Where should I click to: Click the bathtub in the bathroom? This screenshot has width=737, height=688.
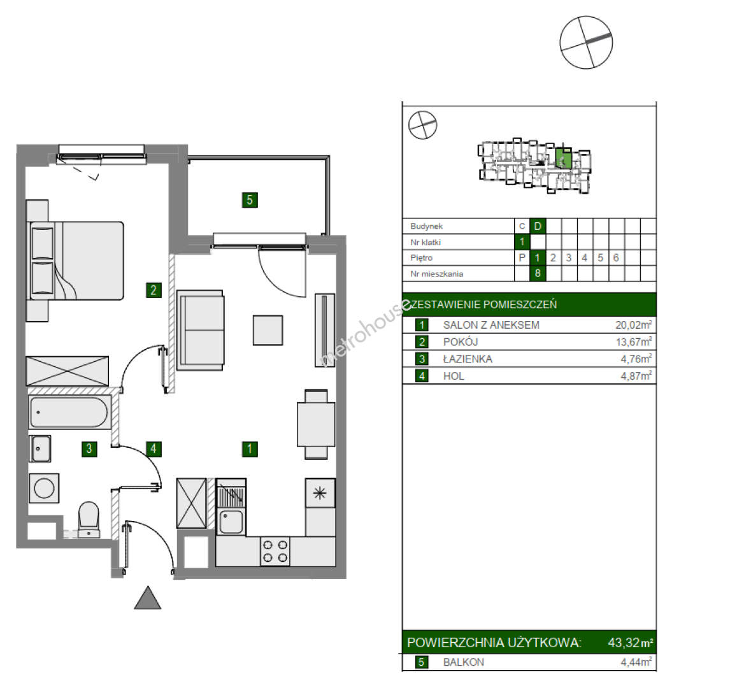(x=69, y=412)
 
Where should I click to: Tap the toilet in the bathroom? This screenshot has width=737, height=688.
(x=89, y=519)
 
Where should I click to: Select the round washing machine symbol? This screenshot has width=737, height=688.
(x=44, y=488)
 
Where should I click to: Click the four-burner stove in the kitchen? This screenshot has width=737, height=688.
(x=275, y=551)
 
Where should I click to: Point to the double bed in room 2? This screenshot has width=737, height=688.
(x=75, y=261)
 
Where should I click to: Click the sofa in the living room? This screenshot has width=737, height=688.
(x=200, y=330)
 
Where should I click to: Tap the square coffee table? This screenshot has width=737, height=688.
(x=268, y=331)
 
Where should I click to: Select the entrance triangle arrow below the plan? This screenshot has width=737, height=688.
(x=148, y=598)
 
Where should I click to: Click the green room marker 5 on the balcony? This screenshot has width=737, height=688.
(x=250, y=200)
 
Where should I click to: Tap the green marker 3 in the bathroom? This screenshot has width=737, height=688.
(x=89, y=449)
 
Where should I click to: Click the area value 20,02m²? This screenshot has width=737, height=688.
(x=634, y=325)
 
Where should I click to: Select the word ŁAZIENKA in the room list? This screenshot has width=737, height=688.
(x=468, y=359)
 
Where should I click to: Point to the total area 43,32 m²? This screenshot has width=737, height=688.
(x=631, y=642)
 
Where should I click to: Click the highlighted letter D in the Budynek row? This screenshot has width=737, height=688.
(x=538, y=226)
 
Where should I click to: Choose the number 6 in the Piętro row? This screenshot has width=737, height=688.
(x=616, y=257)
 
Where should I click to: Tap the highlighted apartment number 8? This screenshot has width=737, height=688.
(x=538, y=273)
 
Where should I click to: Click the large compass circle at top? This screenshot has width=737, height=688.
(x=586, y=42)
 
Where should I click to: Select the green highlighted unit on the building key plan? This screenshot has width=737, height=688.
(x=563, y=159)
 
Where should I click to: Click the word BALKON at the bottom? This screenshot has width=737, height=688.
(x=464, y=662)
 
